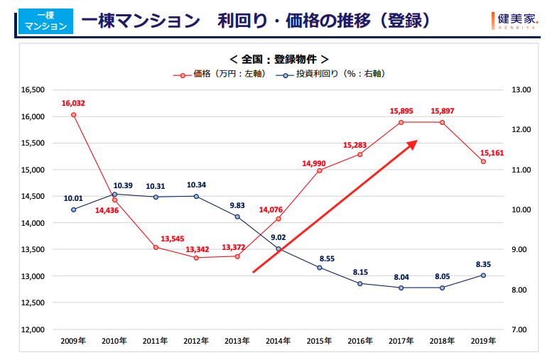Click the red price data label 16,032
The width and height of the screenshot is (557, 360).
tap(73, 103)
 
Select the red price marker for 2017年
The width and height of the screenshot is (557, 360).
tap(401, 122)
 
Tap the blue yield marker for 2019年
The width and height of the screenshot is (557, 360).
tap(483, 276)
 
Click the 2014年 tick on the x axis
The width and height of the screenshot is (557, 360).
tap(278, 341)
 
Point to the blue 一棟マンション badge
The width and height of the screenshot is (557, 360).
tap(44, 21)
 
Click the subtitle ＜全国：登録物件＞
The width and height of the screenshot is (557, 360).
tap(278, 59)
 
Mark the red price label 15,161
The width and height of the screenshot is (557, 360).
tap(492, 152)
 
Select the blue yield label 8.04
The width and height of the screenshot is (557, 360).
tap(401, 277)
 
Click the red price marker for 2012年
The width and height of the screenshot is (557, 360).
tap(197, 258)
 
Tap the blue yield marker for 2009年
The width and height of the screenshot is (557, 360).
tap(73, 209)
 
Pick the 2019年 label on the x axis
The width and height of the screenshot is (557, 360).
tap(483, 341)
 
